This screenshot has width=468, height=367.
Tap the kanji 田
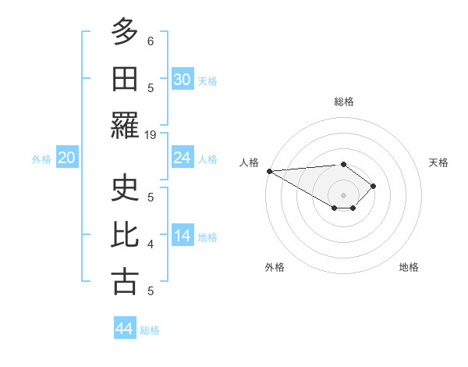tap(125, 79)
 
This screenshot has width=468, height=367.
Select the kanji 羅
tap(125, 125)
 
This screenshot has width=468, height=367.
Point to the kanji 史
tap(125, 190)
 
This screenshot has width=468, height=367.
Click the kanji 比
tap(125, 235)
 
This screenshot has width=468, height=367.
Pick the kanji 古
tap(125, 281)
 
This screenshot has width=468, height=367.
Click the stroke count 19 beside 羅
tap(151, 135)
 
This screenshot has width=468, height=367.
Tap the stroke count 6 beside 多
tap(151, 41)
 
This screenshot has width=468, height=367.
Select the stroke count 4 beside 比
tap(151, 244)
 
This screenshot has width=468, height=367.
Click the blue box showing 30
tap(182, 79)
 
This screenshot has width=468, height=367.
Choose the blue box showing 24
tap(182, 158)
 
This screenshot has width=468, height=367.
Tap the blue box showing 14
tap(182, 237)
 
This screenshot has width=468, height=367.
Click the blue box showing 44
tap(124, 329)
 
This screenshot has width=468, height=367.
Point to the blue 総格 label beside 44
tap(150, 330)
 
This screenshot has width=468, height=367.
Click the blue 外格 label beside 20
tap(41, 159)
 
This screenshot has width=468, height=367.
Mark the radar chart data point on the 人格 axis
tap(268, 171)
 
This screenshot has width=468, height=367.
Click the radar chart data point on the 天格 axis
tap(374, 186)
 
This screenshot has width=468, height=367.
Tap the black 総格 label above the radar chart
tap(344, 102)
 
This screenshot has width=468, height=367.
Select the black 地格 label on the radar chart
tap(409, 267)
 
